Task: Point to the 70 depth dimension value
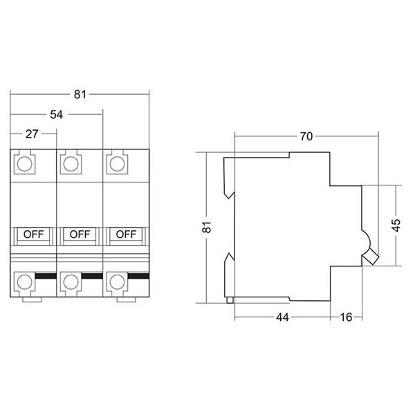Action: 306,136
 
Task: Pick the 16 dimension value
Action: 347,317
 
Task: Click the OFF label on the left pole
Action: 33,234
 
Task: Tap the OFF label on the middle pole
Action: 80,234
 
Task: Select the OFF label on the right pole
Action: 127,234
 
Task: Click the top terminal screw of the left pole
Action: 25,165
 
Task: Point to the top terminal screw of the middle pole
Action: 71,165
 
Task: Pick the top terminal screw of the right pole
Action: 118,165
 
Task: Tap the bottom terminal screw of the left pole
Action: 25,282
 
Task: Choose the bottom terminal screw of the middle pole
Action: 71,282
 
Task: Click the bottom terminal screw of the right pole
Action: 118,282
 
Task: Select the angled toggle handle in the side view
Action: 370,257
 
